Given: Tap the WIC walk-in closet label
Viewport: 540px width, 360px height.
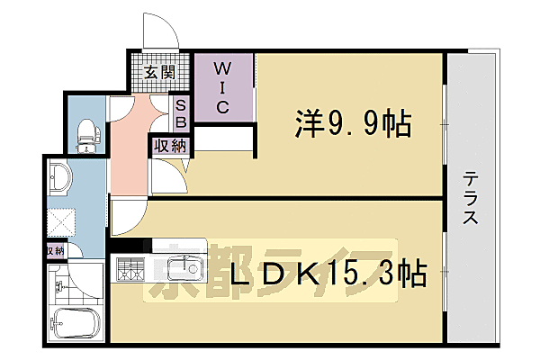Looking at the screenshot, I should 224,88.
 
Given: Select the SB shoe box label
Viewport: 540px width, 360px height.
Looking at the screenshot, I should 180,112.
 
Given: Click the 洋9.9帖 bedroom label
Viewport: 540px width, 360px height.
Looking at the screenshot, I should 351,123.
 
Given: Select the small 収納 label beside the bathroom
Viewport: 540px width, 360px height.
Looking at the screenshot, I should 54,251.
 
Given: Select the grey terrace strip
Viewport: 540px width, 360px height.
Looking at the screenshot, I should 472,270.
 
